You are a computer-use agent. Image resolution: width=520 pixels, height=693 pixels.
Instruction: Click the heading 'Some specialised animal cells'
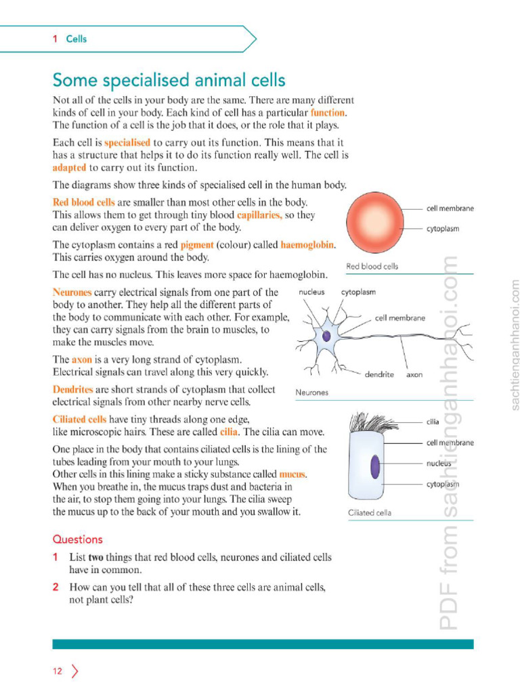pyautogui.click(x=169, y=81)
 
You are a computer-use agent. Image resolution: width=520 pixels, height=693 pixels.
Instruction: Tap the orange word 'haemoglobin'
pyautogui.click(x=307, y=244)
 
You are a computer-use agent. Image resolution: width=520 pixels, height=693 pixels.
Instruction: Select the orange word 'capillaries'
pyautogui.click(x=259, y=215)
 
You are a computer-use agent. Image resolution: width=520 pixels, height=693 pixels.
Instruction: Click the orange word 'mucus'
pyautogui.click(x=292, y=474)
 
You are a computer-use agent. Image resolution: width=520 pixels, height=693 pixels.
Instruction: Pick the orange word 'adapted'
pyautogui.click(x=70, y=168)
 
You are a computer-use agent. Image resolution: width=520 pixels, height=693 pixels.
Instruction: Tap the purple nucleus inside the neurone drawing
pyautogui.click(x=326, y=336)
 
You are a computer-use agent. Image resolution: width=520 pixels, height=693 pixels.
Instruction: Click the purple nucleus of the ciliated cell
pyautogui.click(x=374, y=466)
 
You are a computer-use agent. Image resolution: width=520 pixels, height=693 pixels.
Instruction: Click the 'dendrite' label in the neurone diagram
pyautogui.click(x=379, y=374)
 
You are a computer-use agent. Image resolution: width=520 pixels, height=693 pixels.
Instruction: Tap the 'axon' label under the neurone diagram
pyautogui.click(x=414, y=374)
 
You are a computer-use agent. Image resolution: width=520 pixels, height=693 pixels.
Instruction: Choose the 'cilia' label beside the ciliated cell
pyautogui.click(x=433, y=421)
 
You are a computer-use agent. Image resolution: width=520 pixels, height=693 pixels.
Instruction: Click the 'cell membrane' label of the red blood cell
pyautogui.click(x=450, y=208)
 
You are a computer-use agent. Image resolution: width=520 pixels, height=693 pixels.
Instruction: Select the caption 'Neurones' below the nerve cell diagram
pyautogui.click(x=311, y=393)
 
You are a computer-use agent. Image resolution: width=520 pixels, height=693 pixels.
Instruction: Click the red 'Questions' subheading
pyautogui.click(x=78, y=539)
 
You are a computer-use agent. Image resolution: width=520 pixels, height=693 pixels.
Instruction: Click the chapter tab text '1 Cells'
pyautogui.click(x=70, y=39)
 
